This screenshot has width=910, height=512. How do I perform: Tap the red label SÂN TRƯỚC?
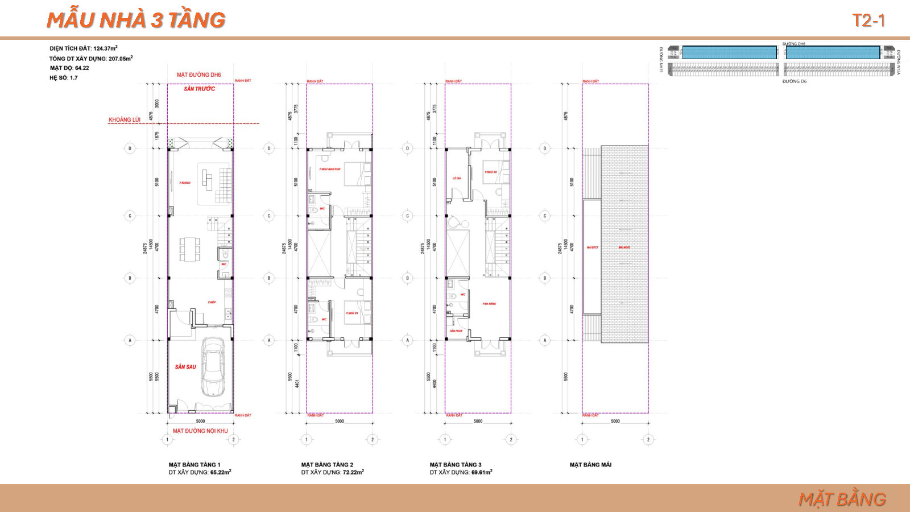tap(199, 89)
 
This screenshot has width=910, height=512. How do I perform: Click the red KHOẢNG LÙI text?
tap(125, 120)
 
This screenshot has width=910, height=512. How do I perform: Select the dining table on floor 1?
tap(190, 249)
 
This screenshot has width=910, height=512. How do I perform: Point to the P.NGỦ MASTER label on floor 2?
tap(330, 169)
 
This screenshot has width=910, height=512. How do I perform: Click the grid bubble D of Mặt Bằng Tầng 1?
tap(130, 148)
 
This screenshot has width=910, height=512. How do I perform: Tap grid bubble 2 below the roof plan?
tap(648, 439)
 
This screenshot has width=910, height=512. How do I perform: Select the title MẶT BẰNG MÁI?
tap(590, 465)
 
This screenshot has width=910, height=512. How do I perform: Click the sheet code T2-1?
tap(868, 20)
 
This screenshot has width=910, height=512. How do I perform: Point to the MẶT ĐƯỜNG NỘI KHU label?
tap(200, 431)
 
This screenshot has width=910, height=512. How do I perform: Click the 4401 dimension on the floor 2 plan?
tap(297, 384)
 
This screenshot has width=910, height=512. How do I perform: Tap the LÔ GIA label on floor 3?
tap(457, 178)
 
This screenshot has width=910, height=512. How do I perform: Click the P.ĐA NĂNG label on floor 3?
tap(489, 304)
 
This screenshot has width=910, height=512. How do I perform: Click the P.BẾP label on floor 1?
tap(212, 302)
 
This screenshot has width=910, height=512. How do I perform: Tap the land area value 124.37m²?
tap(105, 48)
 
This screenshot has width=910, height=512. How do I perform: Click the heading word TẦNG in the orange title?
tap(196, 20)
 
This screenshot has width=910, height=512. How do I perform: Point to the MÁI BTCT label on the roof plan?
tap(592, 247)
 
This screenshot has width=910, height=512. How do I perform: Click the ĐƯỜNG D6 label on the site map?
tap(794, 81)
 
